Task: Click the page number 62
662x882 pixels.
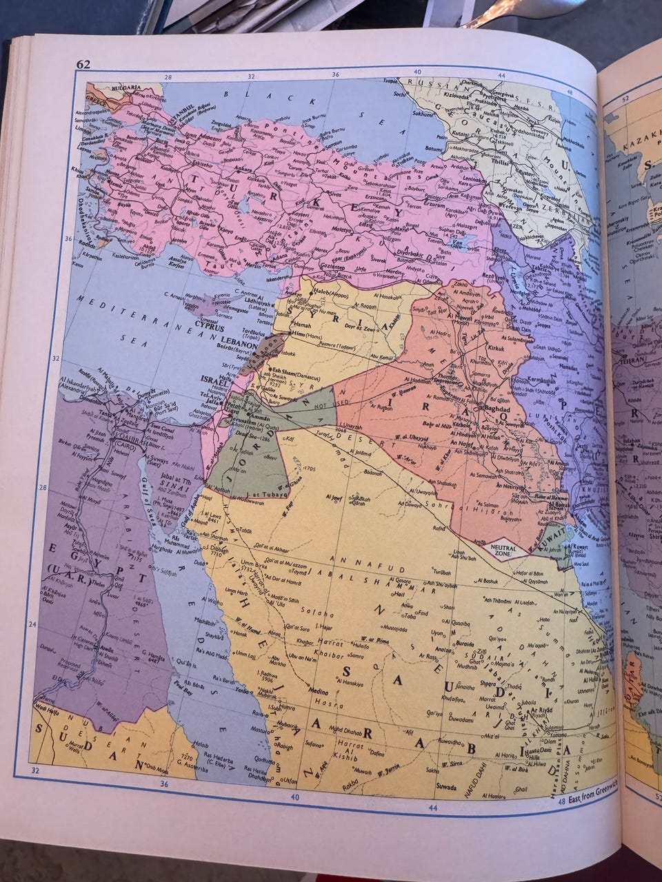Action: [83, 65]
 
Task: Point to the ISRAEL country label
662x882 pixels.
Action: [212, 380]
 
